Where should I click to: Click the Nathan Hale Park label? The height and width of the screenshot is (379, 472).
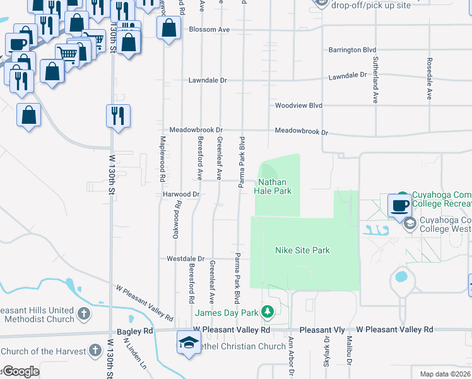tap(273, 186)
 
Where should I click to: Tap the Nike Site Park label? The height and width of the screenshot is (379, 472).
tap(303, 250)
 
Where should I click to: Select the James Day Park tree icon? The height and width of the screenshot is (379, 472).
tap(268, 312)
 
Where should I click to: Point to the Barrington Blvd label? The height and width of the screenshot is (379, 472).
tap(352, 50)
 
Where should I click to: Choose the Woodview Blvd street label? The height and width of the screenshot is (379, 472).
tap(298, 105)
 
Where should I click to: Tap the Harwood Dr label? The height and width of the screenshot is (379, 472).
tap(182, 195)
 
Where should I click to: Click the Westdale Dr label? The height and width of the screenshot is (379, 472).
tap(186, 259)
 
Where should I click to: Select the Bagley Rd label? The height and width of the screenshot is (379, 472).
tap(135, 330)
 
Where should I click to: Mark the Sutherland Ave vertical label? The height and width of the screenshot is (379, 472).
tap(375, 87)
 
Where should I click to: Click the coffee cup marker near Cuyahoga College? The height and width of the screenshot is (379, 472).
tap(400, 205)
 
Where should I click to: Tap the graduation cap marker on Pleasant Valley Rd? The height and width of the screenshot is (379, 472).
tap(188, 342)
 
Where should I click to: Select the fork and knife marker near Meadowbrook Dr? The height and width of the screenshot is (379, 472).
tap(118, 116)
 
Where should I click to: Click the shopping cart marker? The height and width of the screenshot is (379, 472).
tap(67, 54)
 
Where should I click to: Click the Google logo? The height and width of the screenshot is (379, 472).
tap(20, 371)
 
